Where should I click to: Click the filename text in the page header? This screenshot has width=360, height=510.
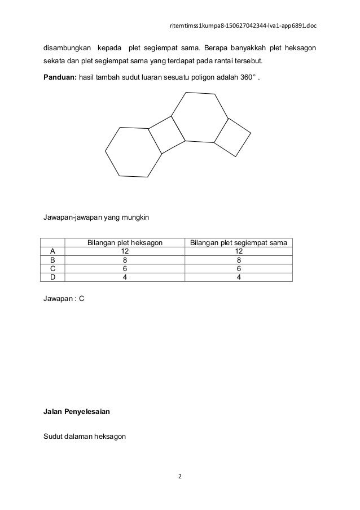tap(244, 25)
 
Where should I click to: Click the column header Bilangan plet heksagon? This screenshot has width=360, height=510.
tap(125, 243)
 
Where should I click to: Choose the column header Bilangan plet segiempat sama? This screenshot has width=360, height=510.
tap(239, 243)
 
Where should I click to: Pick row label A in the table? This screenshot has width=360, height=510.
tap(52, 251)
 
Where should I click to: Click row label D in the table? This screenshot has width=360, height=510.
tap(52, 277)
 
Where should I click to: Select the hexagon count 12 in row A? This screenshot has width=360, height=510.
tap(125, 251)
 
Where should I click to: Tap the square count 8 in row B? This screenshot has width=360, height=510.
tap(239, 260)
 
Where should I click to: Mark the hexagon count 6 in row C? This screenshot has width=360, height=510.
tap(125, 268)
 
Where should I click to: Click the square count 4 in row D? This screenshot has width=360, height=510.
tap(239, 277)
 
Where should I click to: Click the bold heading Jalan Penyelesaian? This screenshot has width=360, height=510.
tap(77, 412)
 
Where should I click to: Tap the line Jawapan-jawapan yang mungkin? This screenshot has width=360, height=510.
tap(94, 217)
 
